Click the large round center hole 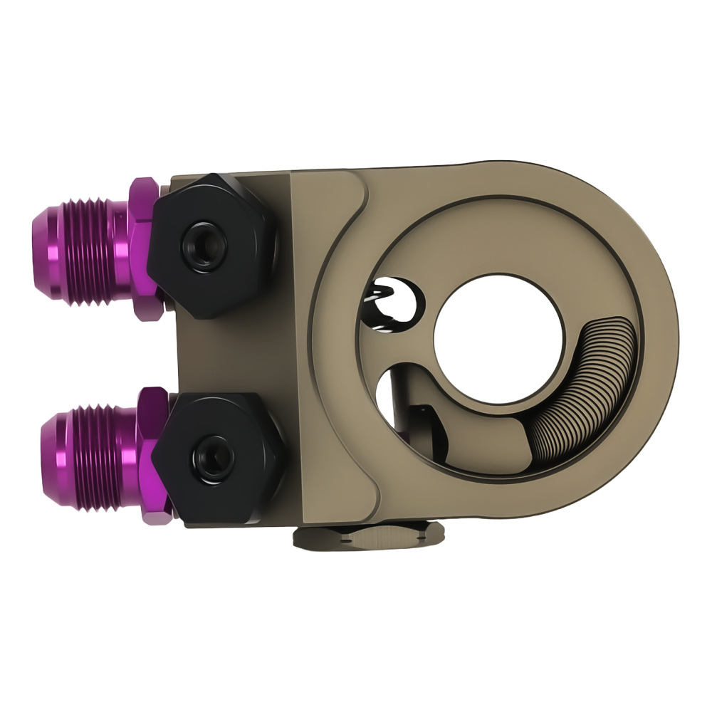point(498,339)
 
